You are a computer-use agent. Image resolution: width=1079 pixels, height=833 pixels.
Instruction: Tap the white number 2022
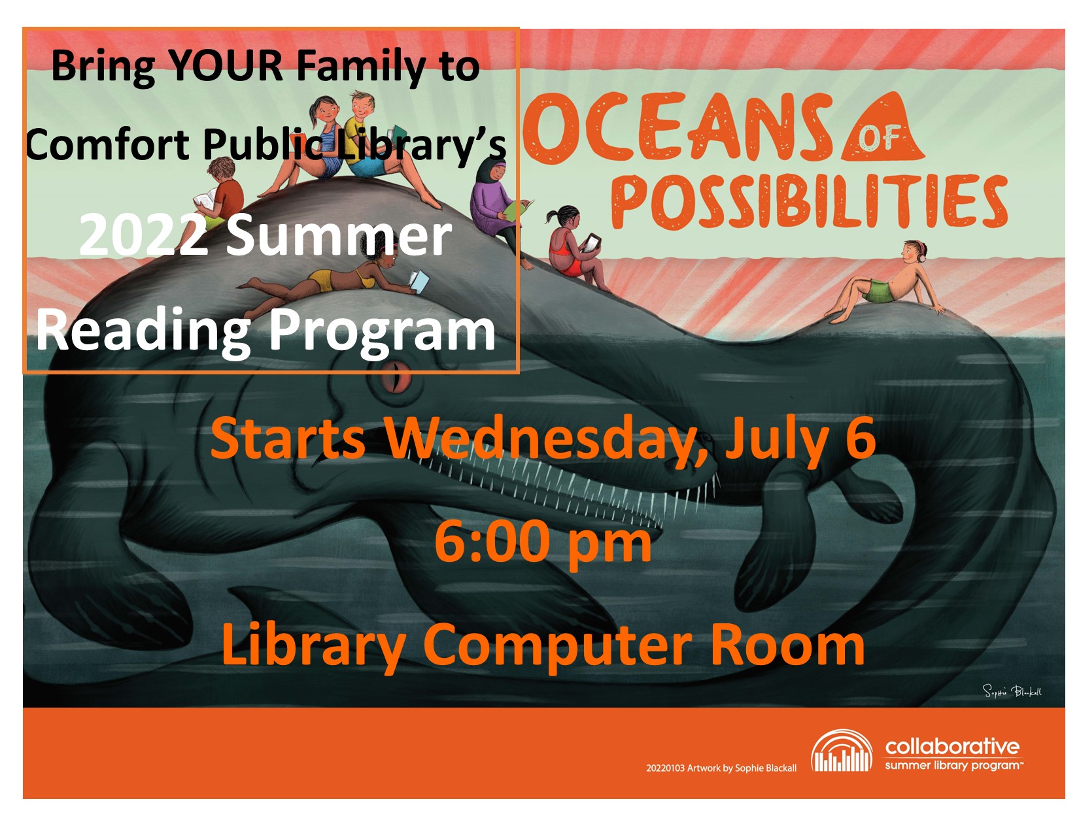143,236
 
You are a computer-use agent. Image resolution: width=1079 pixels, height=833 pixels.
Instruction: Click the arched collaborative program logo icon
841,750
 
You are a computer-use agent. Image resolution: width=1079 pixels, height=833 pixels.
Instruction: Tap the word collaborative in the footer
952,745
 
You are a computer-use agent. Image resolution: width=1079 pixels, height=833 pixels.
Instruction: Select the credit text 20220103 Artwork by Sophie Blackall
721,768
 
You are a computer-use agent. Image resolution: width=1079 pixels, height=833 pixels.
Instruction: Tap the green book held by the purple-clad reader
517,210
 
